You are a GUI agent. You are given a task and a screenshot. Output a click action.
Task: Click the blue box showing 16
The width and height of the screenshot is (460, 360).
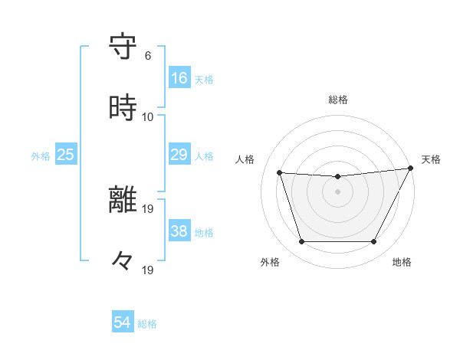(179, 78)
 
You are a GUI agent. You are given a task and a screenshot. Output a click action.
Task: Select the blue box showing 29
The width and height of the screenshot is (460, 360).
(179, 155)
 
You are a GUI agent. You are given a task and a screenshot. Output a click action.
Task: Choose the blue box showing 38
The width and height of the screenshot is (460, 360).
(179, 231)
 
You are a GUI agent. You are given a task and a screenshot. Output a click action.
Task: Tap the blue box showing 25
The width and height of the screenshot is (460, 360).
(66, 155)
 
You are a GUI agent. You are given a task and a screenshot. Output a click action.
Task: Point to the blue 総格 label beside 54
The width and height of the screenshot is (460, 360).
(147, 324)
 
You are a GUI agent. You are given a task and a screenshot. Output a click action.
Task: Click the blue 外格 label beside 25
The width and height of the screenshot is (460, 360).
(41, 155)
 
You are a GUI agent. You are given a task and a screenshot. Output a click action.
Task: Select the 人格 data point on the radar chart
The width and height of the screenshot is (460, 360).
(280, 173)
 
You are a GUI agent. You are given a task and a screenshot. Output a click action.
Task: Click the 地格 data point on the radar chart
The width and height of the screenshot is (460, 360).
(374, 242)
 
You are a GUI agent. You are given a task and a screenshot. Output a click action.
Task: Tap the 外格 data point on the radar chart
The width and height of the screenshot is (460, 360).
(301, 242)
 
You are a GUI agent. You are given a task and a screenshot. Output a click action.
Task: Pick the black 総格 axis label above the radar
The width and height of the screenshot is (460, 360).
(338, 100)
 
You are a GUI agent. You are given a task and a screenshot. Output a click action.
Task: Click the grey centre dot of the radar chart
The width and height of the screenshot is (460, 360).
(338, 191)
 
